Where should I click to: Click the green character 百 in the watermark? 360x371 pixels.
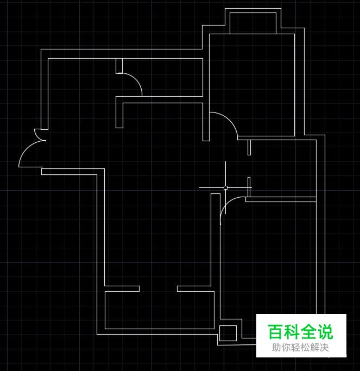coord(275,331)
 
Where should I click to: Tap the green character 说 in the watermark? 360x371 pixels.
coord(325,331)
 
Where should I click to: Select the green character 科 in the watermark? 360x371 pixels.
coord(292,331)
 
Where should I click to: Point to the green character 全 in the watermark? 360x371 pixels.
coord(308,331)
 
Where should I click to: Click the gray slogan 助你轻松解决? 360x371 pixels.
coord(300,348)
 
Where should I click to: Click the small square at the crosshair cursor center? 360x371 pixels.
coord(225,187)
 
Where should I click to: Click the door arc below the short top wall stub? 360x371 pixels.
coord(136,79)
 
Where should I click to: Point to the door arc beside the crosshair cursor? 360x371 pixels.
coord(225,205)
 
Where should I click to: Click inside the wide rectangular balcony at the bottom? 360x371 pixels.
coord(160,310)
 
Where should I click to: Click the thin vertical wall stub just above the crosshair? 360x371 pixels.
coord(249,147)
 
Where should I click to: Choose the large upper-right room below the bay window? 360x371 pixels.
coord(252,85)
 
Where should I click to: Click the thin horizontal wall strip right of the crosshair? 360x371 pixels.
coord(281,199)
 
